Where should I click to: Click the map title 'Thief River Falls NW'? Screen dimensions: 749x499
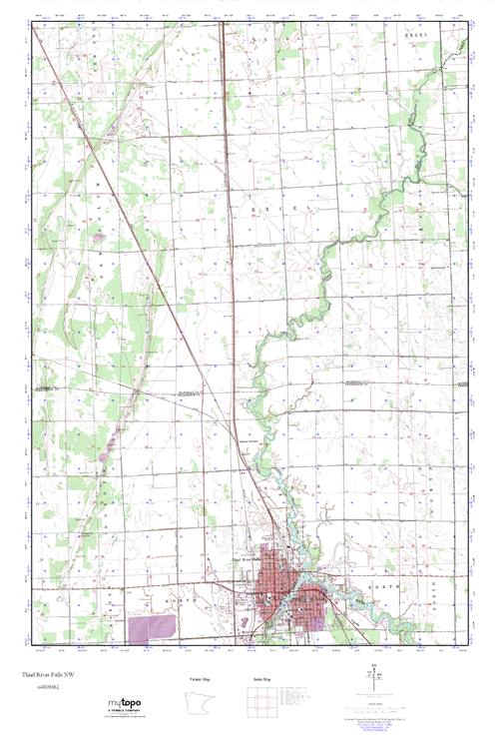pyautogui.click(x=45, y=676)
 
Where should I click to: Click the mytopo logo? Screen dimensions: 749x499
pyautogui.click(x=123, y=702)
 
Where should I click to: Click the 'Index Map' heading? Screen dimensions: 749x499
pyautogui.click(x=260, y=678)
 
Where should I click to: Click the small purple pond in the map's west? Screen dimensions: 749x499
pyautogui.click(x=98, y=238)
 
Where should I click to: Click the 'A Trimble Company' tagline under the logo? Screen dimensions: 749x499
pyautogui.click(x=123, y=714)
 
